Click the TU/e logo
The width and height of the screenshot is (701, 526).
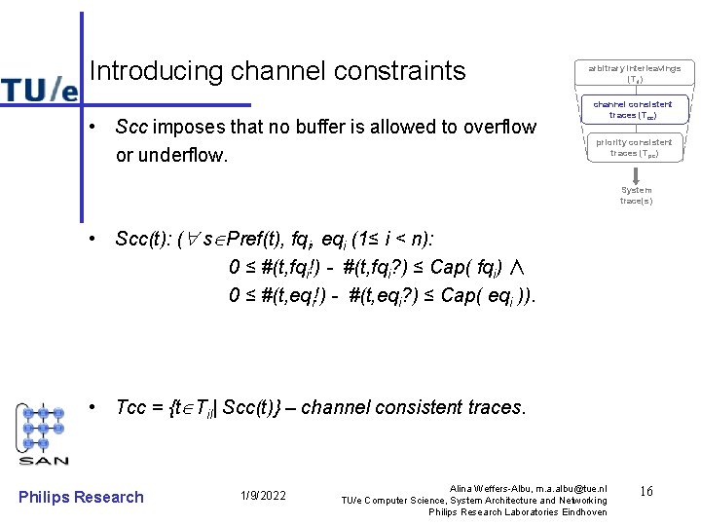(x=39, y=88)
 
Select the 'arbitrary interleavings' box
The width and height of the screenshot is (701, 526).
(x=634, y=72)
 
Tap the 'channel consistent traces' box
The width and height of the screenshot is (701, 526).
(x=633, y=109)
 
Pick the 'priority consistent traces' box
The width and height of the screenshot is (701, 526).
(x=634, y=147)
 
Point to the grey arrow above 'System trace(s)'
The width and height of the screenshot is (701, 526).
(x=636, y=174)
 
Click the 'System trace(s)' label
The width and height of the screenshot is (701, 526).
(x=636, y=195)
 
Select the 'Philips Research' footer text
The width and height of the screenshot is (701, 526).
(x=81, y=497)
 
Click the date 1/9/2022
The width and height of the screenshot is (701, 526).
(x=263, y=497)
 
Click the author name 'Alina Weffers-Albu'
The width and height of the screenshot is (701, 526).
(x=492, y=487)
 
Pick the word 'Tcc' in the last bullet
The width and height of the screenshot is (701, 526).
(x=130, y=407)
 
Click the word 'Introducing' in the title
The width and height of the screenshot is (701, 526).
(x=156, y=71)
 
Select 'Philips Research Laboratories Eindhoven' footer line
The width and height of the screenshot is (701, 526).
(x=517, y=511)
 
